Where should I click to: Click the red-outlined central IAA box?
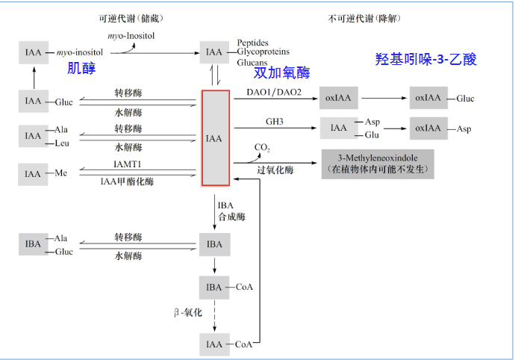click(215, 137)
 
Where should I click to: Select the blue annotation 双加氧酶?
click(281, 73)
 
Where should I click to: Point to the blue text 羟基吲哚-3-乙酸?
click(425, 59)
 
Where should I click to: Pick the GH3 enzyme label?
click(274, 121)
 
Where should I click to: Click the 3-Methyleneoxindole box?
click(378, 163)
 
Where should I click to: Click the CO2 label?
click(262, 148)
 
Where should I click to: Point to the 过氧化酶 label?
click(275, 170)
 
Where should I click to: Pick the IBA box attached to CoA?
click(214, 287)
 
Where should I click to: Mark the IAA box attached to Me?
click(33, 174)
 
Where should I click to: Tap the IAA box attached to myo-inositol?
click(33, 52)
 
